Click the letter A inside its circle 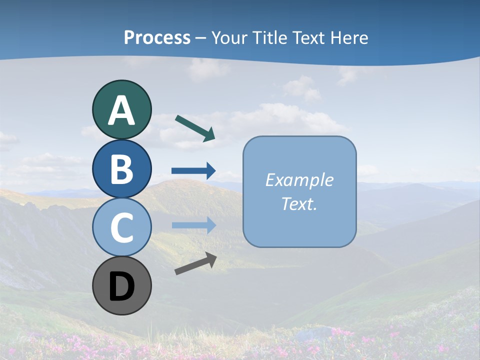pos(121,110)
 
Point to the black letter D pos(121,286)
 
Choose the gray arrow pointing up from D pos(195,263)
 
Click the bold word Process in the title pos(157,37)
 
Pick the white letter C pos(121,228)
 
